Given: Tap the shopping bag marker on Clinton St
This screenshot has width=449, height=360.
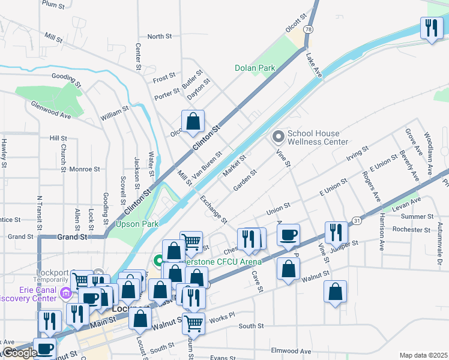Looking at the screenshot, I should pos(193,121).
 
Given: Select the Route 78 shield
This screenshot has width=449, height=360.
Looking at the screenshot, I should pos(308,29).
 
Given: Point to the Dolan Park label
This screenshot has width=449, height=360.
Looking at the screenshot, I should pos(255,68).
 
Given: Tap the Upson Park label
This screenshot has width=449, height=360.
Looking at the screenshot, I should pos(137,224).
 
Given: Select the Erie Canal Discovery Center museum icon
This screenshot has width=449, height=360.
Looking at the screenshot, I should pos(67,293).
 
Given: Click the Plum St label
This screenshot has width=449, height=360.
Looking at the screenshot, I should pos(53,4).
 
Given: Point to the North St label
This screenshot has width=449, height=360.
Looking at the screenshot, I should pos(160,37).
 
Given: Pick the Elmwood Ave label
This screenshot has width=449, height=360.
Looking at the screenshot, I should pos(291,351).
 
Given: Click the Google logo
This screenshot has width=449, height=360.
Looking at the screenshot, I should pos(20,353).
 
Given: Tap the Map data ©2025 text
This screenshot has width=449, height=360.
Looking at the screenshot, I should pos(424,355).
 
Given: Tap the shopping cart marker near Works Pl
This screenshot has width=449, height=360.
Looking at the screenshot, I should pos(193,323).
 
